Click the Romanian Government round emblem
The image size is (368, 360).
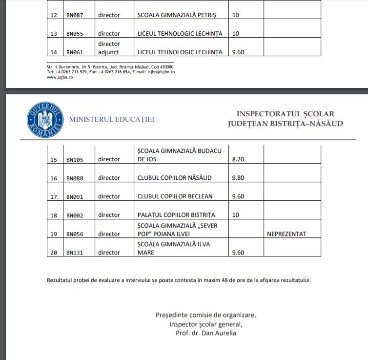[45, 119]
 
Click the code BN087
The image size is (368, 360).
[75, 15]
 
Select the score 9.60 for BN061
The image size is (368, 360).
[238, 52]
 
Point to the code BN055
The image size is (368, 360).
[75, 34]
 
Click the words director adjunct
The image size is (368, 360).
[108, 48]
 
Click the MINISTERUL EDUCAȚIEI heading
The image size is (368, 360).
[112, 119]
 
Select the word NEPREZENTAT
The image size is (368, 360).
[286, 234]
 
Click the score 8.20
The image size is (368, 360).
[238, 159]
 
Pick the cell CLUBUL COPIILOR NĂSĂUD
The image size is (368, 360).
[175, 178]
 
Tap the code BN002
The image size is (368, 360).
[75, 215]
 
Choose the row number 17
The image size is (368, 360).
[54, 197]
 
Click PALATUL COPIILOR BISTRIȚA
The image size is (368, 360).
[176, 215]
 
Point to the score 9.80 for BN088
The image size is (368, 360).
[238, 178]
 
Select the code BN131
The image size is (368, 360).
[75, 253]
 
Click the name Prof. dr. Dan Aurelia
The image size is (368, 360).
[205, 333]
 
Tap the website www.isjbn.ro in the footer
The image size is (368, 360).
[60, 77]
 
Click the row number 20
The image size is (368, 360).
[54, 253]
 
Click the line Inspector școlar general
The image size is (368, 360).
[205, 324]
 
